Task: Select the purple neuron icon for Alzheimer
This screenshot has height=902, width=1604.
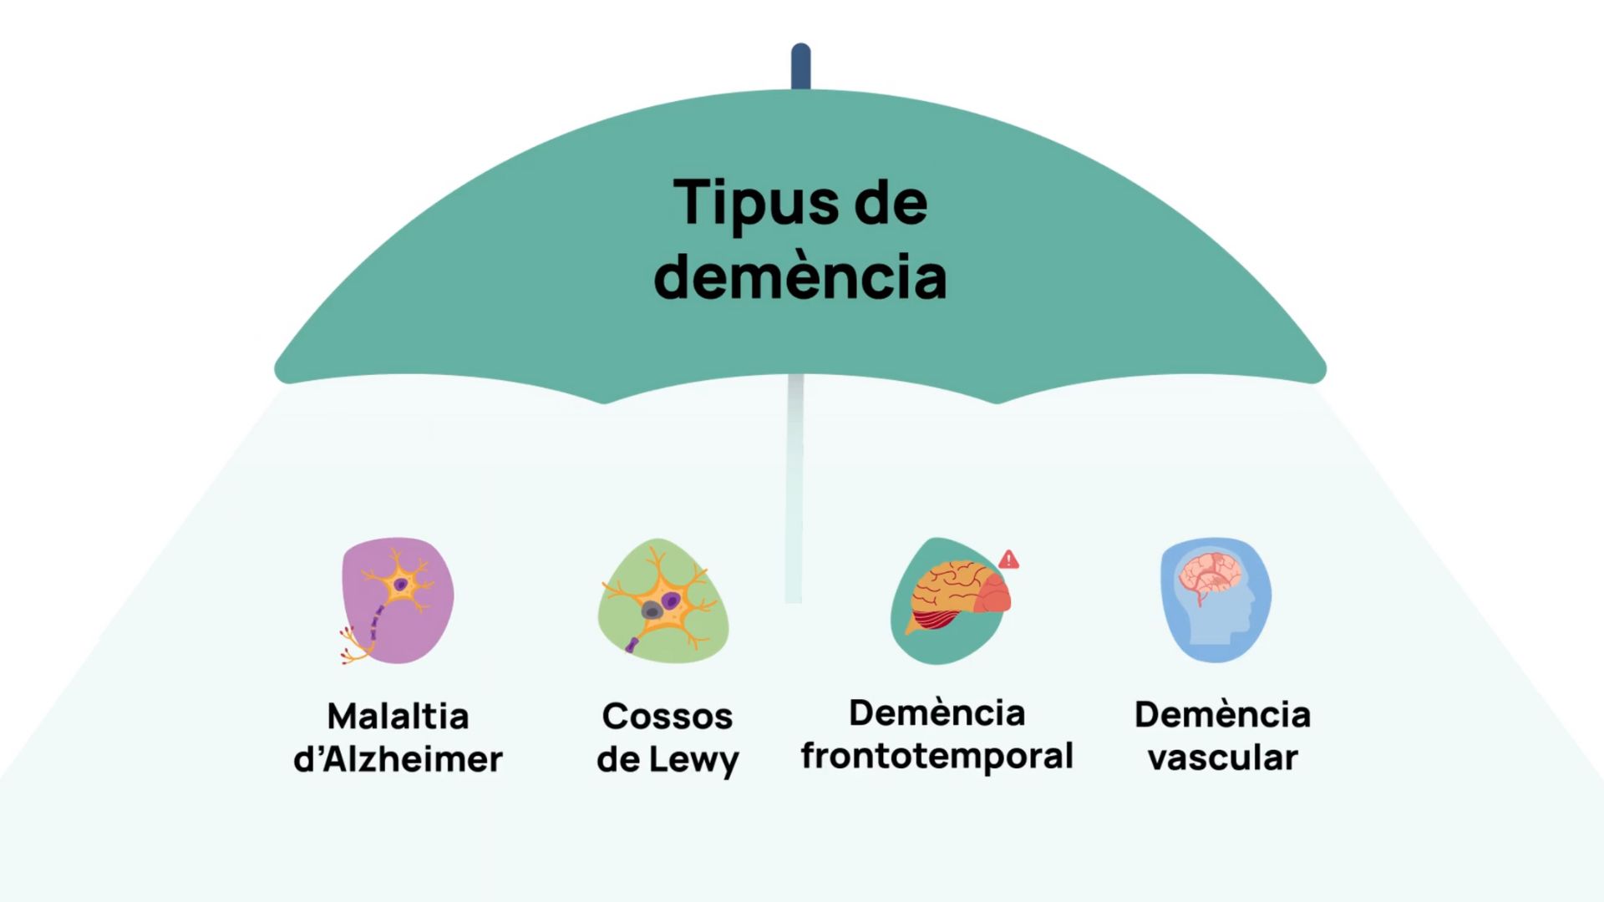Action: pyautogui.click(x=398, y=600)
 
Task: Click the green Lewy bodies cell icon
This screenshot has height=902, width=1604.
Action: pyautogui.click(x=663, y=600)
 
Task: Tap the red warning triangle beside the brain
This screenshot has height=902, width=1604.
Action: pyautogui.click(x=1008, y=560)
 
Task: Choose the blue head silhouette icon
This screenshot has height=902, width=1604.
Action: pyautogui.click(x=1216, y=600)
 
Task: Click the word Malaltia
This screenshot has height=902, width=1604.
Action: pyautogui.click(x=398, y=717)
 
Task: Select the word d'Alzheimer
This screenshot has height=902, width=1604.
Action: pyautogui.click(x=398, y=759)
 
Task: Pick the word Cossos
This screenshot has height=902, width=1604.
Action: pyautogui.click(x=667, y=717)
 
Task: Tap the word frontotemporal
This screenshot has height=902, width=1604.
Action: pyautogui.click(x=937, y=756)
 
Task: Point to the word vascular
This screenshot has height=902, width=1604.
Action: pyautogui.click(x=1222, y=758)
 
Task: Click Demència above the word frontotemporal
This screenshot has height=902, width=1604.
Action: pyautogui.click(x=937, y=713)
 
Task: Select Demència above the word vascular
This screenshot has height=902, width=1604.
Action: pyautogui.click(x=1222, y=715)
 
